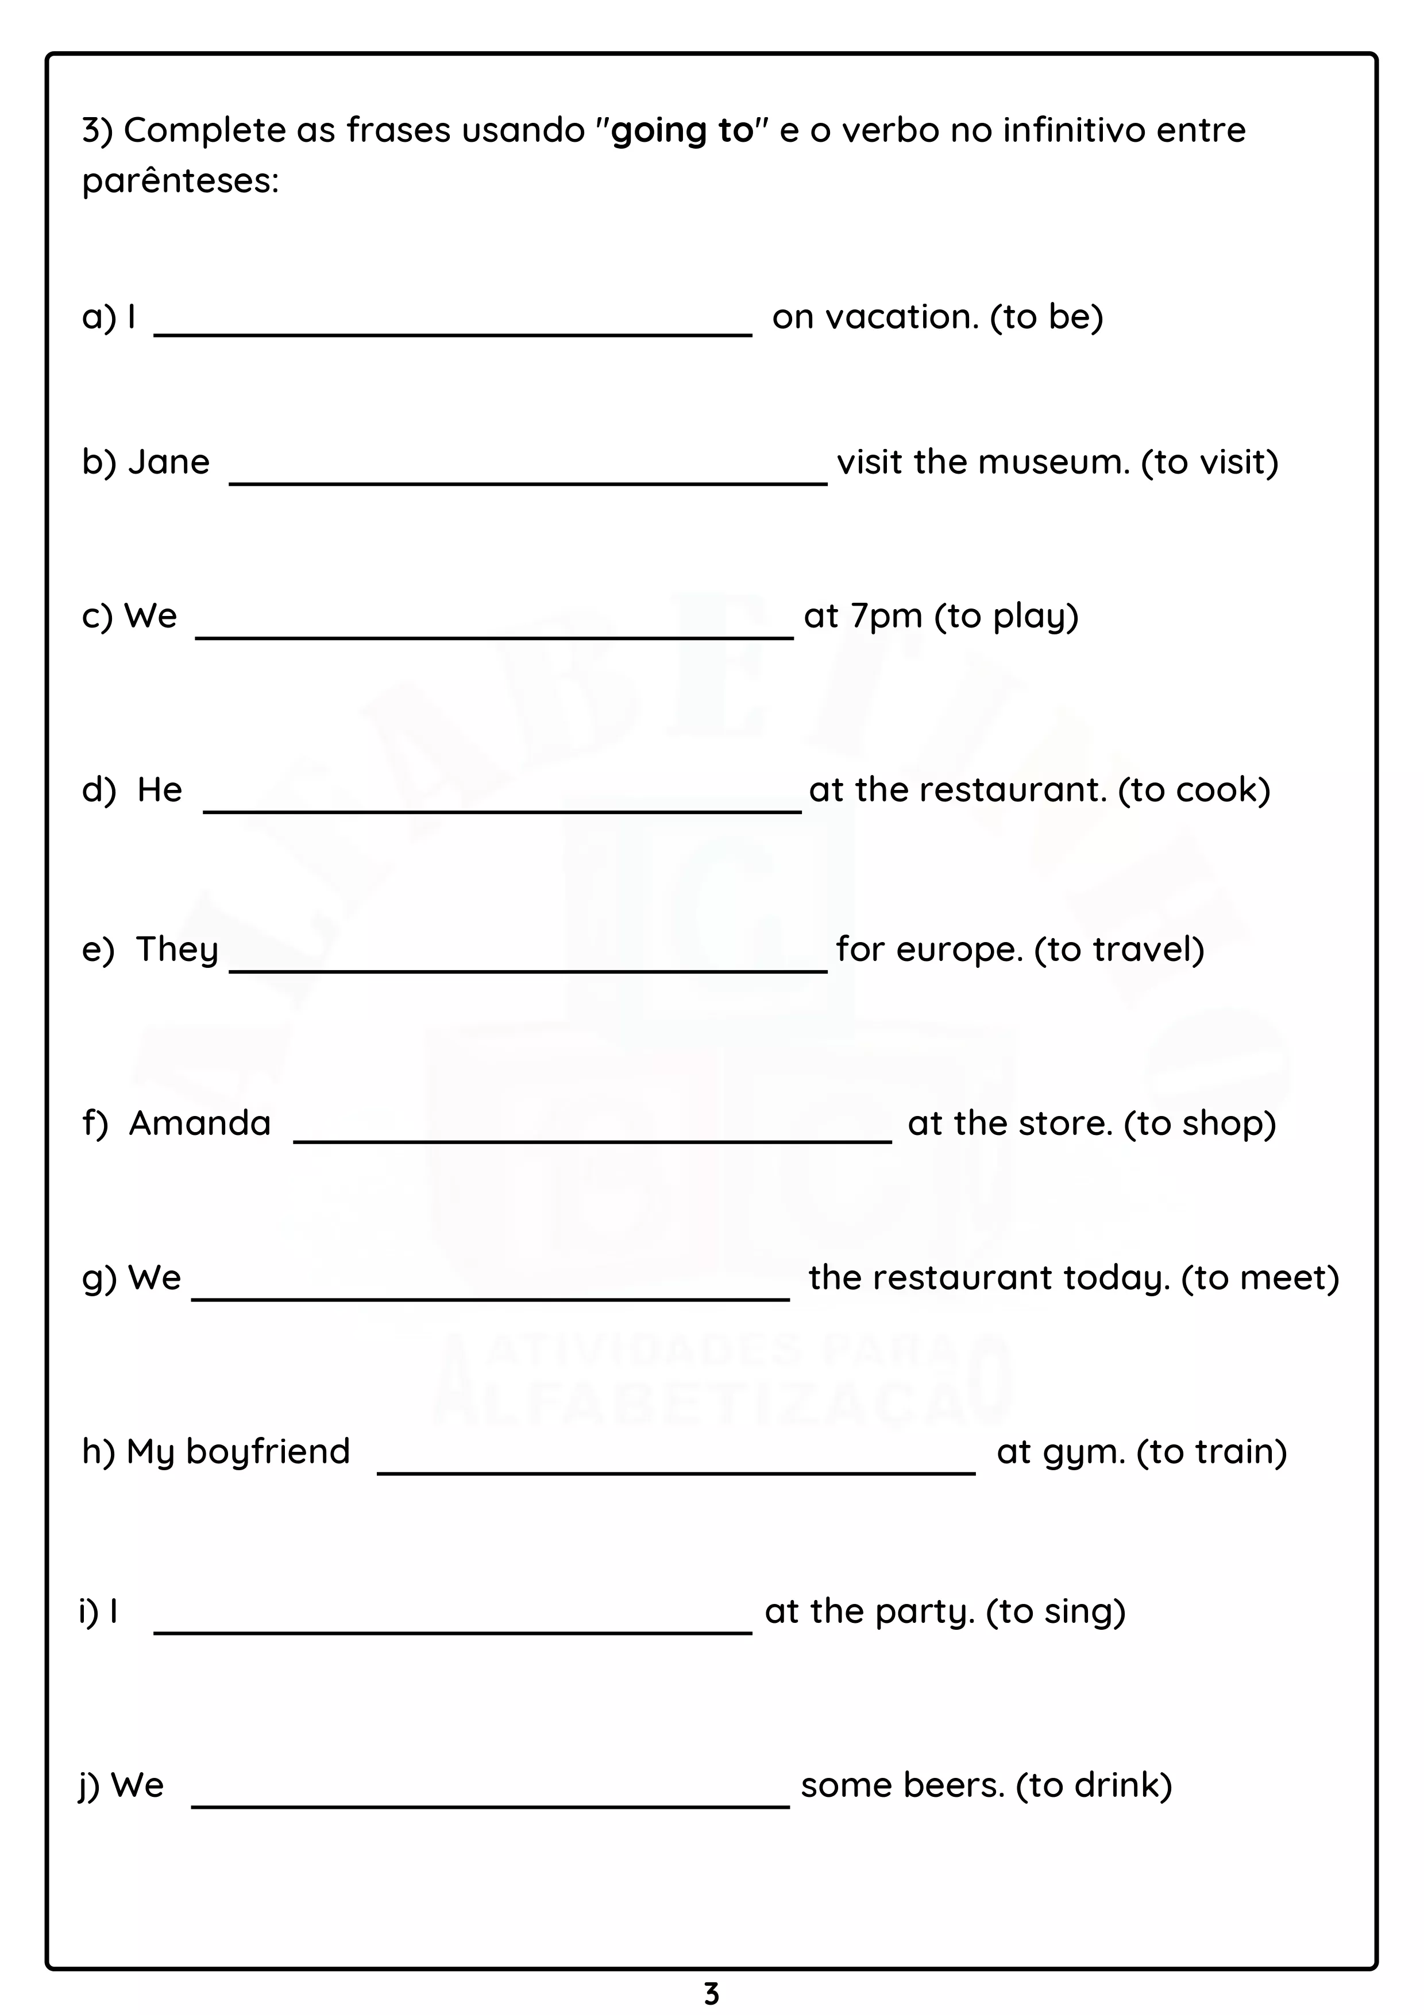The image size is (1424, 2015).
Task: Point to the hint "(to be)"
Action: (1047, 317)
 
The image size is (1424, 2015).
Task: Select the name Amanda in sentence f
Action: (200, 1124)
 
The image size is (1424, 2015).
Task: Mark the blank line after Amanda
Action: (593, 1140)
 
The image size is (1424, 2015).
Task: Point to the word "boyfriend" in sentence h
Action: (268, 1452)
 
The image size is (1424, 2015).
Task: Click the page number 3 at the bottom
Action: (711, 1994)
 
